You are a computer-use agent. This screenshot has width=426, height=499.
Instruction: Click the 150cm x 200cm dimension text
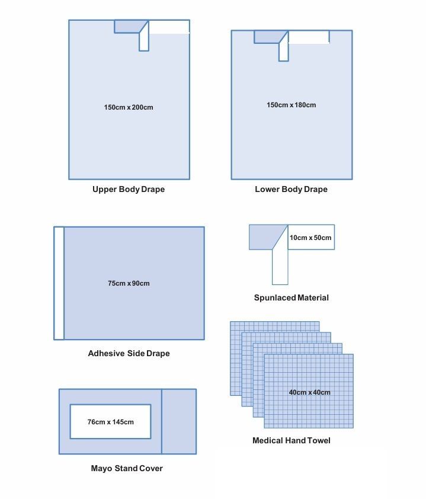click(129, 107)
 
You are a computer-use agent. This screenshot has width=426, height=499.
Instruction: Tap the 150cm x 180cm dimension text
click(291, 105)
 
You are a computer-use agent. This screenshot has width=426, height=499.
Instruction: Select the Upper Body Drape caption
click(129, 190)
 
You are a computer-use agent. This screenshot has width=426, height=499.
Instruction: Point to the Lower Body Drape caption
click(291, 190)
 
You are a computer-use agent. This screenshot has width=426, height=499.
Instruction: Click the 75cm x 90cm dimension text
click(129, 283)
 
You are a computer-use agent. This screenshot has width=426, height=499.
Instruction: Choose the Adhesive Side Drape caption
click(129, 353)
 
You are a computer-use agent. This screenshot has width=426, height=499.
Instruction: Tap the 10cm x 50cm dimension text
click(310, 238)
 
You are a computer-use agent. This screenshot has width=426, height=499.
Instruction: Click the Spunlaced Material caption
click(291, 298)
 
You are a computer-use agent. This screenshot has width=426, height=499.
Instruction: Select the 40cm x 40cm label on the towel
click(309, 392)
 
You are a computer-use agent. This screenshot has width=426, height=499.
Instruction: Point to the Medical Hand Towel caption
click(291, 440)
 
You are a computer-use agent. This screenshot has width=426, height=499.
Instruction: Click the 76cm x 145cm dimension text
click(110, 422)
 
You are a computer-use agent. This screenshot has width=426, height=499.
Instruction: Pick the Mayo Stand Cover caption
click(127, 468)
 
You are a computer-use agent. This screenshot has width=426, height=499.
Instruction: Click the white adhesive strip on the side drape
click(59, 283)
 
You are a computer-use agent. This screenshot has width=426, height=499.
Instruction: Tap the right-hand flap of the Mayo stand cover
click(178, 421)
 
